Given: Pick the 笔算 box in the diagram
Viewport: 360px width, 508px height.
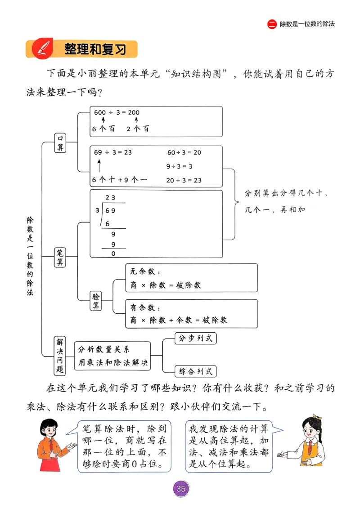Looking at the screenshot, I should (60, 257).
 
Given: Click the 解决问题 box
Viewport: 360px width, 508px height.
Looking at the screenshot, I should (59, 356).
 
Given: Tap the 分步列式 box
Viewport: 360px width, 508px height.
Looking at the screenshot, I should (195, 339).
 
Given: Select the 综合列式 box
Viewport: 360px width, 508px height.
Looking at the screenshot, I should (195, 371).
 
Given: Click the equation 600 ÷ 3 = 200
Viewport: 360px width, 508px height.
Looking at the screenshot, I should (116, 112).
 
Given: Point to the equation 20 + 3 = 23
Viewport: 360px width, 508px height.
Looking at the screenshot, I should (184, 180).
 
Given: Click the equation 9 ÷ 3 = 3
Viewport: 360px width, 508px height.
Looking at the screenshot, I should (179, 166).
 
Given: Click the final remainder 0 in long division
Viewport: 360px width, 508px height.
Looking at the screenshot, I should (113, 254).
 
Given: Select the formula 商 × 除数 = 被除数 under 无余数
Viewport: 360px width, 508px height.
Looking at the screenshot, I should (165, 285).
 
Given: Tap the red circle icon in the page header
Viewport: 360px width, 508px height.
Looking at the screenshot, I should (272, 24).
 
